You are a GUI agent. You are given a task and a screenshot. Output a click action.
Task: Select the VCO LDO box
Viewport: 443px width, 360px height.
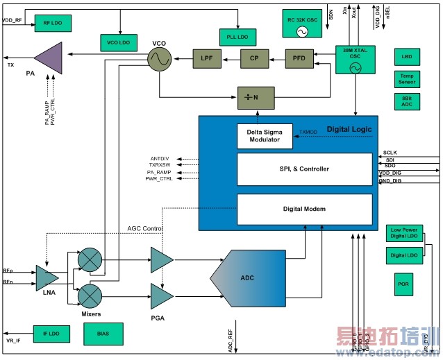(x=119, y=43)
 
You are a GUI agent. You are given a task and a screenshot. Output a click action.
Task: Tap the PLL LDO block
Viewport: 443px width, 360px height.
(x=237, y=36)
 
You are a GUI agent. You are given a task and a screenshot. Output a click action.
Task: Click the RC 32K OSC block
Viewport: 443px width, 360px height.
(x=302, y=22)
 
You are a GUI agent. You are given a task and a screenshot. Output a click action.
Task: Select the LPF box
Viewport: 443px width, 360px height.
(x=206, y=58)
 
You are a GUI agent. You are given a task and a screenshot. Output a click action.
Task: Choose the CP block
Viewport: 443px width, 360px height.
(x=253, y=58)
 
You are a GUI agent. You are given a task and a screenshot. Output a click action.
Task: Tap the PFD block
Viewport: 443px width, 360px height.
(x=299, y=58)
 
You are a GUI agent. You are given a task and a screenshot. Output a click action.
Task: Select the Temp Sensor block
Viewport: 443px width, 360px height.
(x=406, y=78)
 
